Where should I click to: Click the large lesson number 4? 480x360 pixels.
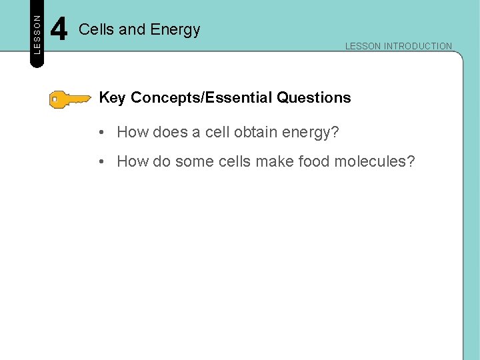tap(59, 30)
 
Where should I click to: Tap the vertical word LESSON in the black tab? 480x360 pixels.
tap(37, 34)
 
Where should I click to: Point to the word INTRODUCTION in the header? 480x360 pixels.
tap(418, 47)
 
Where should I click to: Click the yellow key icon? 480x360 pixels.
tap(69, 99)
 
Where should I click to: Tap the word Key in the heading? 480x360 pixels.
tap(113, 98)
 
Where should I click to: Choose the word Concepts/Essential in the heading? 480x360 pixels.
tap(202, 98)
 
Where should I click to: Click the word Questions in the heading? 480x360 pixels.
tap(314, 98)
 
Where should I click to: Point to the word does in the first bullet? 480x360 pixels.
tap(171, 133)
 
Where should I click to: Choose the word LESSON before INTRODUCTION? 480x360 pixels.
tap(363, 47)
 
